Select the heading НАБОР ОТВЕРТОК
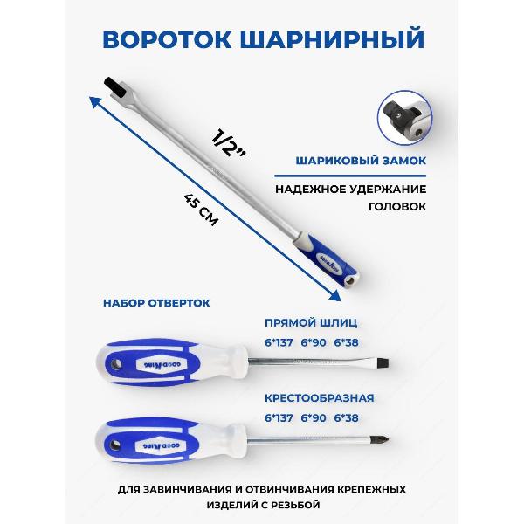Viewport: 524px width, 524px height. tap(156, 303)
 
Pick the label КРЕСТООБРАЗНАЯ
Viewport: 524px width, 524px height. tap(319, 397)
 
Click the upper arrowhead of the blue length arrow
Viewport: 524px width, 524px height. tap(92, 100)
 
